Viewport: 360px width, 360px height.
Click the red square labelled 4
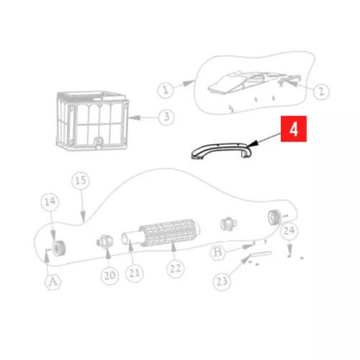[x=294, y=129]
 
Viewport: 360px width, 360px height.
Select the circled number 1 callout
[x=166, y=90]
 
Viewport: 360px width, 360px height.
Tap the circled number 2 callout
[x=321, y=91]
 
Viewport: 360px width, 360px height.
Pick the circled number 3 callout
[x=166, y=117]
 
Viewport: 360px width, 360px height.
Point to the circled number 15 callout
[x=81, y=181]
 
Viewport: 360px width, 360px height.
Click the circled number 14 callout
[x=50, y=202]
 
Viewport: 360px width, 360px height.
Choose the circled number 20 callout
[x=109, y=276]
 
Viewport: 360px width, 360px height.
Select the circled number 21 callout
[x=135, y=273]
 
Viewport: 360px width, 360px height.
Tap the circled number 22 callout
[x=176, y=269]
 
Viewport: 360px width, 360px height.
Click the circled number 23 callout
[x=222, y=282]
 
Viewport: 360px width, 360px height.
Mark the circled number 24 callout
[x=289, y=231]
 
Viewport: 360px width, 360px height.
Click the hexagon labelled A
[x=53, y=282]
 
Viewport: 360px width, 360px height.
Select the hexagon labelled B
[x=217, y=252]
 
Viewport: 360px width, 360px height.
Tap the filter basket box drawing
[x=92, y=120]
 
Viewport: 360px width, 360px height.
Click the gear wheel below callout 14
[x=58, y=248]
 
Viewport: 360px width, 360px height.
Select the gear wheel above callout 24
[x=274, y=217]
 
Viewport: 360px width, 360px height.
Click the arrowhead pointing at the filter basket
[x=134, y=117]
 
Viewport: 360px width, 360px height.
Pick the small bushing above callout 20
[x=104, y=241]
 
